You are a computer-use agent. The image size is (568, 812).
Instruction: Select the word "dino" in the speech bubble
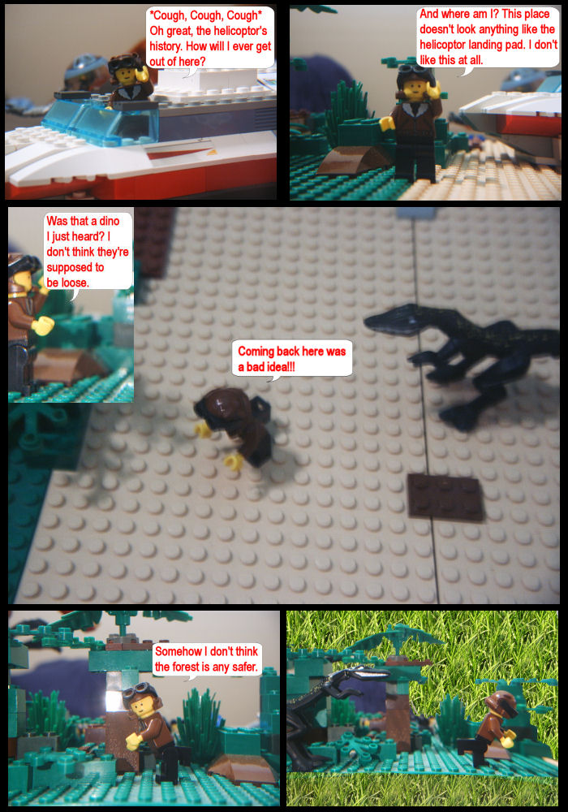click(x=110, y=221)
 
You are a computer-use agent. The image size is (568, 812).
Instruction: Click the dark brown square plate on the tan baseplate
click(x=445, y=497)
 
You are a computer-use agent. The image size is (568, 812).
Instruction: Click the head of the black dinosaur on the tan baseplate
click(x=390, y=317)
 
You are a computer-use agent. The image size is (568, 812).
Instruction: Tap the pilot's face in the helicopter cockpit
click(x=125, y=75)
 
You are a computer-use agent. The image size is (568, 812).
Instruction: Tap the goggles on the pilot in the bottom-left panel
click(x=136, y=690)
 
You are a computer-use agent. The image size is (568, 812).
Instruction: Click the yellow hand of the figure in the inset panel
click(x=43, y=326)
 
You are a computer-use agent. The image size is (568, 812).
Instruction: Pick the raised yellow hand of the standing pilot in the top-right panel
click(x=433, y=89)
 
